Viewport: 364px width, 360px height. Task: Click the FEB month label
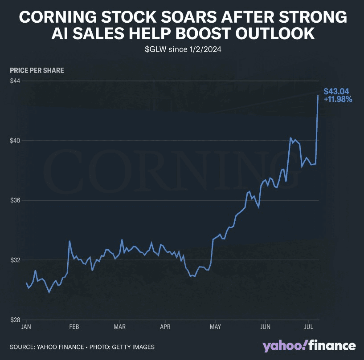tap(74, 328)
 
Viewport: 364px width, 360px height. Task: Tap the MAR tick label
tap(120, 328)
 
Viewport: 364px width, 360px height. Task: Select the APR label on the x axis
tap(166, 328)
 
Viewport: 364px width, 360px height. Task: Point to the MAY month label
tap(215, 328)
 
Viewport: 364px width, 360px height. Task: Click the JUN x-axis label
tap(266, 328)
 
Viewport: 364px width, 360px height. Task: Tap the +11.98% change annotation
tap(338, 100)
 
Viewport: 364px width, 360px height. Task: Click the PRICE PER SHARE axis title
tap(37, 70)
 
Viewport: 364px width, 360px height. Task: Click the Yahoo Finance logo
tap(309, 346)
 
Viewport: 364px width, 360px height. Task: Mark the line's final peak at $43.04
tap(318, 95)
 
